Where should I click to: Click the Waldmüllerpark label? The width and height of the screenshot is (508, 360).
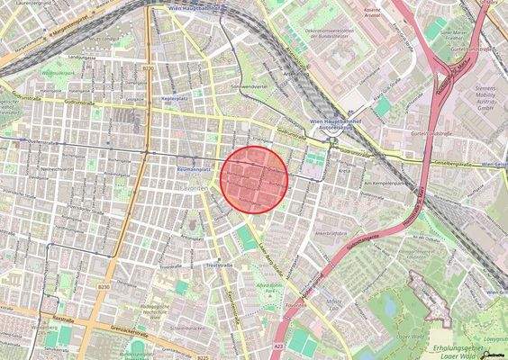point(56,68)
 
